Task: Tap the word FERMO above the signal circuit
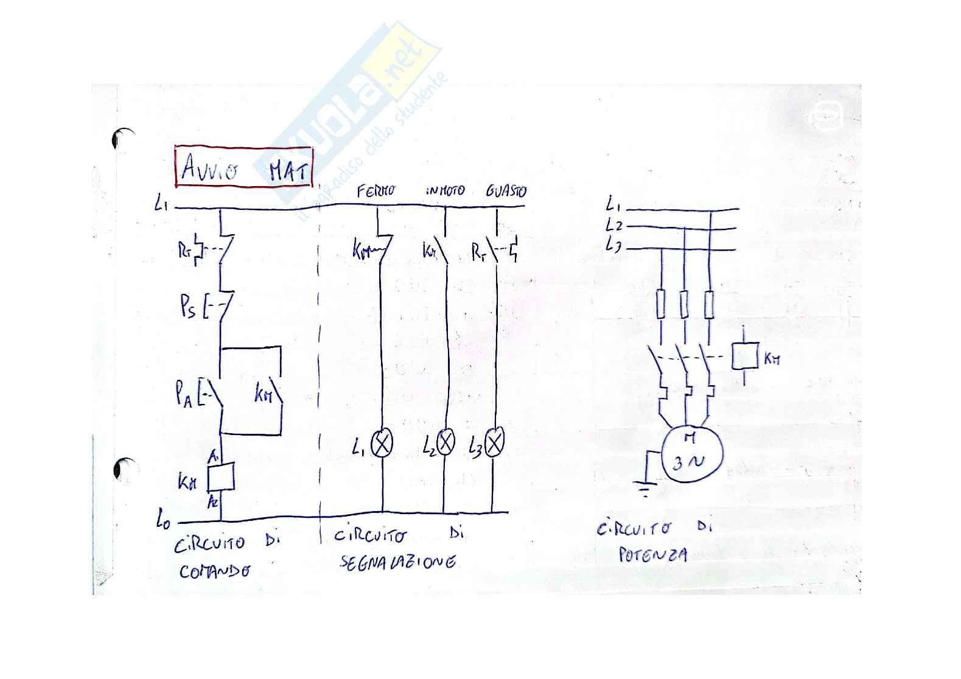click(x=376, y=191)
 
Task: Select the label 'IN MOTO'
click(x=445, y=191)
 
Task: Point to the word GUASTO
click(x=506, y=191)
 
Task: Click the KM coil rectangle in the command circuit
click(x=221, y=478)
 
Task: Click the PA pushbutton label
click(x=184, y=398)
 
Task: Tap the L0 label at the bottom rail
click(x=162, y=520)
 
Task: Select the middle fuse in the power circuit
click(x=685, y=305)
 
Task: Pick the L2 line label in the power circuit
click(x=613, y=225)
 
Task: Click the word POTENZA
click(x=652, y=555)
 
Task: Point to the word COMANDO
click(x=214, y=571)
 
